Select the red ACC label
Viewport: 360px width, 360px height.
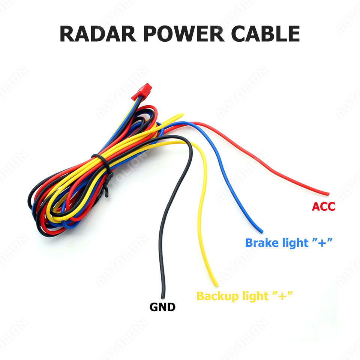(323, 206)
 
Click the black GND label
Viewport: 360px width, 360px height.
(162, 307)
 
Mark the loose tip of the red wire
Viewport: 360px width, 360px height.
(328, 193)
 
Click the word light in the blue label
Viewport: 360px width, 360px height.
(296, 243)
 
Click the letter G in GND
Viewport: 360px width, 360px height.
(154, 307)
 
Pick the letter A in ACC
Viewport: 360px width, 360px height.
(316, 206)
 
